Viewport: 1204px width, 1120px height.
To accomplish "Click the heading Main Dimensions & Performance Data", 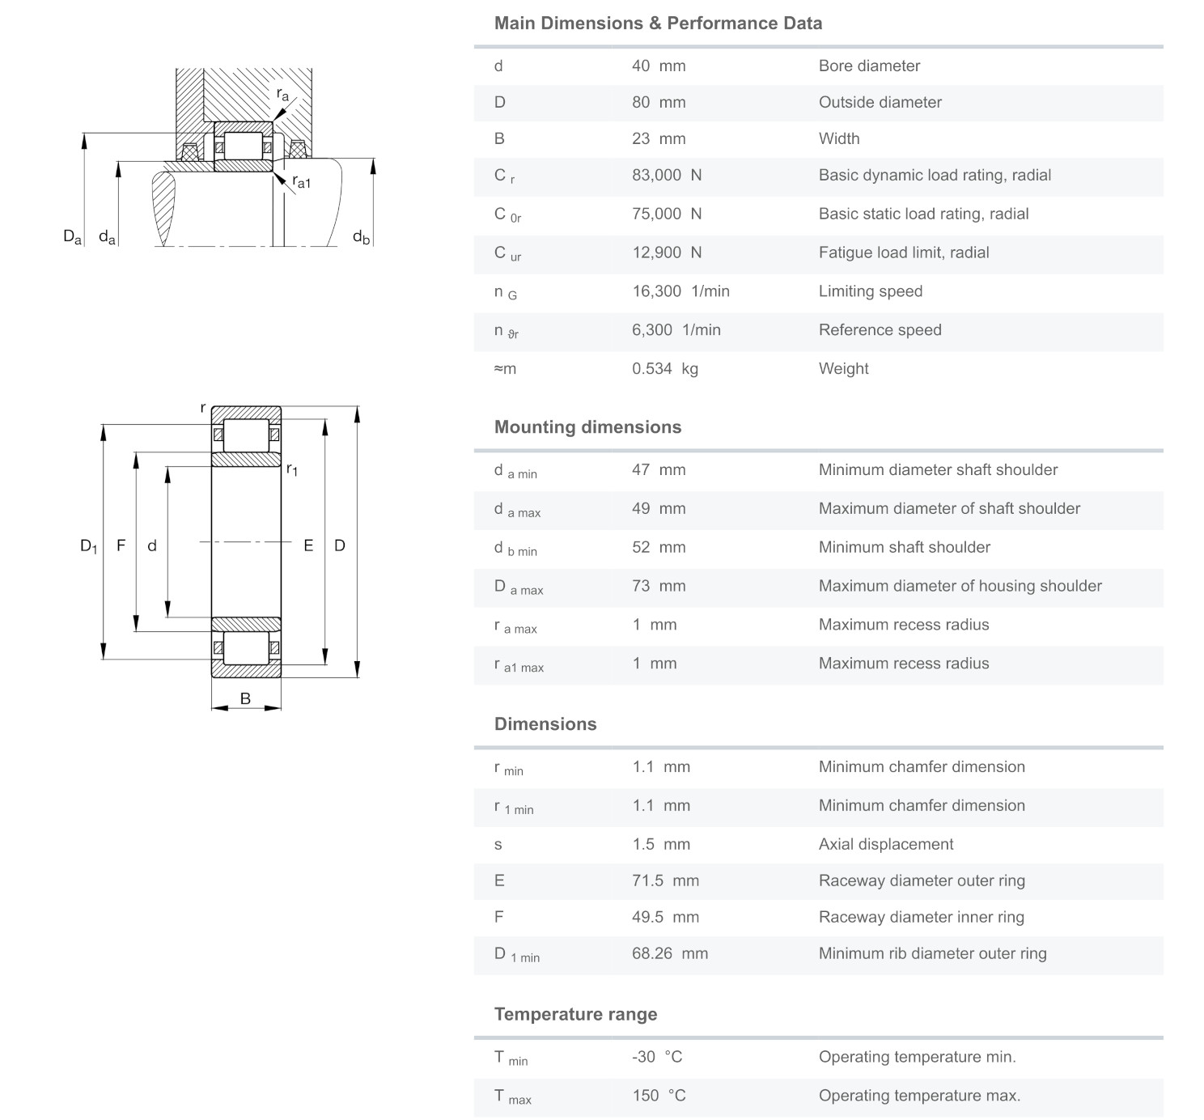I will point(658,23).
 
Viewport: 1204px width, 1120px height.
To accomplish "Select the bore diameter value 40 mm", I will point(658,66).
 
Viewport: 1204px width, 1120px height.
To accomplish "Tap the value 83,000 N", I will point(666,176).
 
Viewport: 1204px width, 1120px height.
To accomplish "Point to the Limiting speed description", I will point(870,291).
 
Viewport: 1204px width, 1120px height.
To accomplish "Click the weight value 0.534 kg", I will point(664,369).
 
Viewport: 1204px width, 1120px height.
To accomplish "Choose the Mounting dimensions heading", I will point(587,427).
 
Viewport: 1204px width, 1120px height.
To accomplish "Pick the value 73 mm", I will point(658,586).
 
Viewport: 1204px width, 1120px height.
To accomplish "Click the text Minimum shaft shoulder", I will point(904,547).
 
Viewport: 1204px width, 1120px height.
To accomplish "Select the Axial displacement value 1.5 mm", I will point(660,845).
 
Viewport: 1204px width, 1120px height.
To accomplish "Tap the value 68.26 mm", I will point(669,953).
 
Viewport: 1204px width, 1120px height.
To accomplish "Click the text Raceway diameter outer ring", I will point(921,880).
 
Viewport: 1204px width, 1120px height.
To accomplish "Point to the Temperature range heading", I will point(575,1015).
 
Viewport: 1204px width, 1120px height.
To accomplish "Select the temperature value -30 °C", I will point(657,1057).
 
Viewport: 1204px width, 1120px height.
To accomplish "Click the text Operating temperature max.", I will point(919,1096).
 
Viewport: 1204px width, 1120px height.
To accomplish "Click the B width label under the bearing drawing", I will point(245,698).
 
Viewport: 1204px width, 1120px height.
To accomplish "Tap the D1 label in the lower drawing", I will point(88,546).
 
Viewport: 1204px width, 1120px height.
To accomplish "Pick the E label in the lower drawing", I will point(308,545).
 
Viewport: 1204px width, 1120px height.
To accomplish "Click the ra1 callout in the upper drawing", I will point(301,183).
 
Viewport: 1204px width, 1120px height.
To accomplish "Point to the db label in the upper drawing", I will point(361,237).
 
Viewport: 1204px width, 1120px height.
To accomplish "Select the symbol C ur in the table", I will point(507,253).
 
